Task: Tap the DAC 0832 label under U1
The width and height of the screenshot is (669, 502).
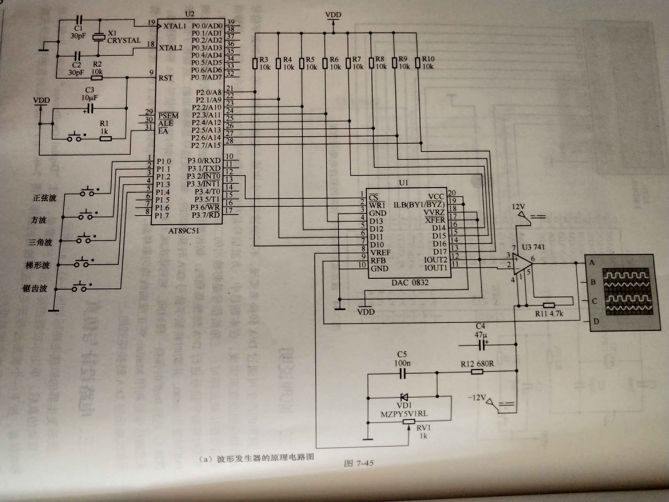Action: (x=410, y=283)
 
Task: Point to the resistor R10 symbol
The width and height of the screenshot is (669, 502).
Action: (x=418, y=63)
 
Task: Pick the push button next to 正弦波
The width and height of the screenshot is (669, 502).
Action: (x=87, y=192)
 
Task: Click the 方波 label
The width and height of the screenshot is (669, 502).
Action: (x=39, y=220)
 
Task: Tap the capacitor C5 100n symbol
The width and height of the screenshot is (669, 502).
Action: (x=402, y=375)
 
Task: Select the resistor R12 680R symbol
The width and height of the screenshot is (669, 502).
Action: (x=477, y=372)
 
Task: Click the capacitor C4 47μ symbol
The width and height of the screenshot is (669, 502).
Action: (x=482, y=345)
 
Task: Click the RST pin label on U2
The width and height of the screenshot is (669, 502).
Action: (x=165, y=78)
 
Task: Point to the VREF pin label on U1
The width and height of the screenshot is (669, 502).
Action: (x=380, y=252)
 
